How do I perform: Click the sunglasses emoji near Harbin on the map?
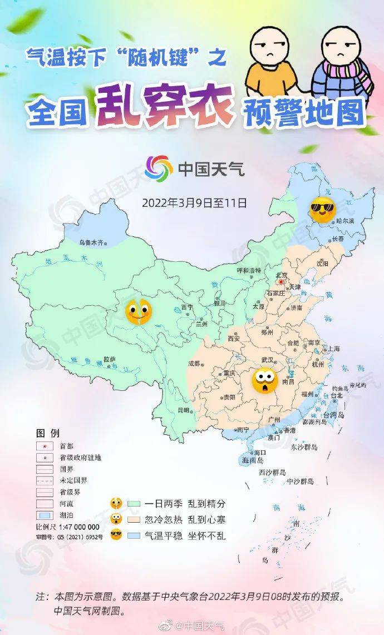click(x=323, y=209)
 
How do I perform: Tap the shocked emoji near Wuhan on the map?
click(x=264, y=380)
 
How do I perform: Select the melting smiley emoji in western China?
click(x=138, y=311)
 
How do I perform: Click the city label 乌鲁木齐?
click(x=91, y=242)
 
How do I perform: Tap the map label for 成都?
click(x=194, y=364)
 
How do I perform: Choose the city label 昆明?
click(x=183, y=410)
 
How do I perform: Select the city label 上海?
click(x=333, y=349)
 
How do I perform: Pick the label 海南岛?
click(x=253, y=461)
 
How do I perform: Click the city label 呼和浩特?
click(x=249, y=270)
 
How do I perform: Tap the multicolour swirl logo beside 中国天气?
click(x=159, y=167)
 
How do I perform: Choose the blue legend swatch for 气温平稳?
click(x=132, y=535)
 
